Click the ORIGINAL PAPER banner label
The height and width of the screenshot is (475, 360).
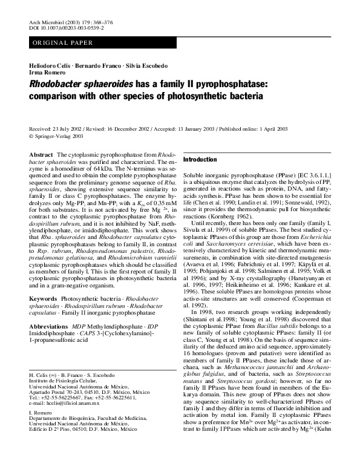[63, 43]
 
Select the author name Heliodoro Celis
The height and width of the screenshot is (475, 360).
[50, 65]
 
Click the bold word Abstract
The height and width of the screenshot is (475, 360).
[41, 156]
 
